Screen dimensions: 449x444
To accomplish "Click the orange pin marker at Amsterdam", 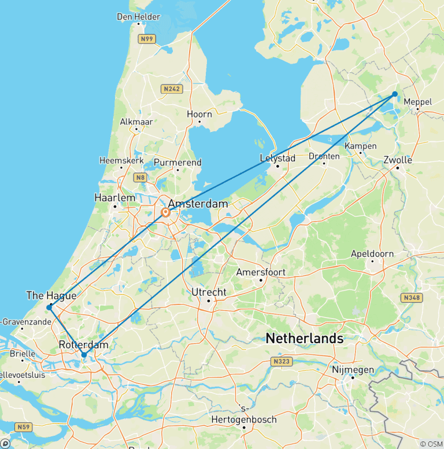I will coord(165,213).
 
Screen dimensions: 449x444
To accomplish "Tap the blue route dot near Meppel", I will coord(395,94).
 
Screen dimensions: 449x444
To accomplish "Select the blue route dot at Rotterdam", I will coord(84,355).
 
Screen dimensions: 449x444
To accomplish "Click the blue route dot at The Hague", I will coord(49,307).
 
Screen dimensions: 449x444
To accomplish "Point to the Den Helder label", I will coord(138,17).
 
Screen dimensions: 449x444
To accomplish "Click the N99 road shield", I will coord(147,39).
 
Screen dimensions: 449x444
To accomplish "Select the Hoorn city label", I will coord(200,114).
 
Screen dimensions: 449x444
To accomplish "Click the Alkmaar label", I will coord(136,122).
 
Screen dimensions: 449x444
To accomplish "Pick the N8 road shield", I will coord(139,177).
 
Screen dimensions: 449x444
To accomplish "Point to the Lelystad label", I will coord(278,158).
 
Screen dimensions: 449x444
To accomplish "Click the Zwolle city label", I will coord(398,160).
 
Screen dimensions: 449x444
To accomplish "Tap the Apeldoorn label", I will coord(372,253).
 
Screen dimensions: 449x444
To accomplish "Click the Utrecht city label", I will coord(209,292).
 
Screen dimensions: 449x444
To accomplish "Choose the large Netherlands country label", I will coord(304,338).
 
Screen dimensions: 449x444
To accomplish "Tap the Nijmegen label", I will coord(353,369).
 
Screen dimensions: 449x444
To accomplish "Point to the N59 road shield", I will coord(24,428).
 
